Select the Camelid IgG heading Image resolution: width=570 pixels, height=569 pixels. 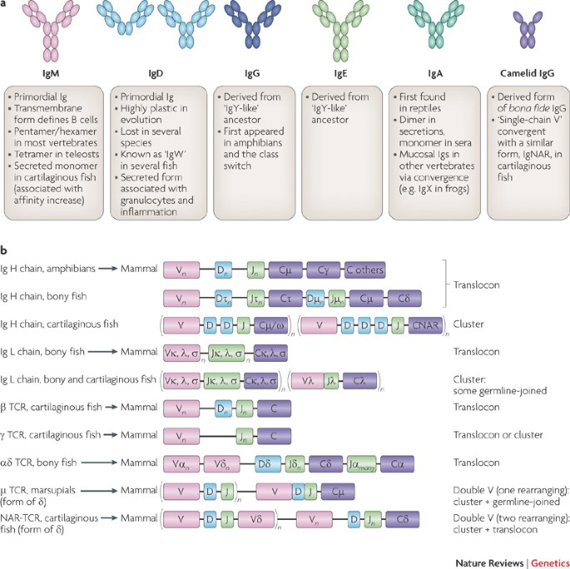coord(518,73)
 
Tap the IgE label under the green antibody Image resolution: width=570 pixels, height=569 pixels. coord(341,73)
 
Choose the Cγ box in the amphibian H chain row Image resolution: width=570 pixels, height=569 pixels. coord(323,270)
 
